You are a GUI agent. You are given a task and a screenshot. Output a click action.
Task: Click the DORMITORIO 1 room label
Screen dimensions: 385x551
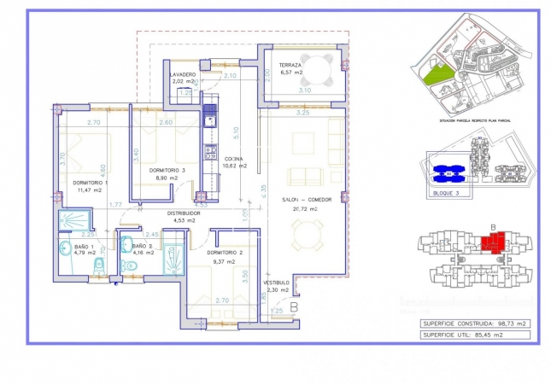click(x=89, y=183)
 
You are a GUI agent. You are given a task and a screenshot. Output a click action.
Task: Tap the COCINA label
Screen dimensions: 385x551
click(x=234, y=159)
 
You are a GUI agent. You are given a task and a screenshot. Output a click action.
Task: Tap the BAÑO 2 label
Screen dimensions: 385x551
click(x=143, y=246)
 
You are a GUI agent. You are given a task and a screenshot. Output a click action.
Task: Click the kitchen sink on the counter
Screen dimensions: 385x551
click(x=208, y=119)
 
